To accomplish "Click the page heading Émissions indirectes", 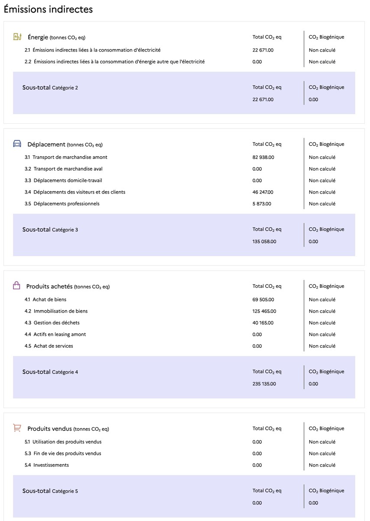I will coord(48,9).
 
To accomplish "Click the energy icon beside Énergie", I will coord(17,37).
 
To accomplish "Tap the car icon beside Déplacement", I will coord(17,144).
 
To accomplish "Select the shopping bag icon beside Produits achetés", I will coord(16,286).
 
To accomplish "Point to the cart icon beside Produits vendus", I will coord(17,428).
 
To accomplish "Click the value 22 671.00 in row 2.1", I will coord(263,50).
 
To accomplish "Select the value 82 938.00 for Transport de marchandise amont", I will coord(263,157).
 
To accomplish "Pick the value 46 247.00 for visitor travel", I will coord(263,192).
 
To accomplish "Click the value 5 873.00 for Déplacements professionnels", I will coord(262,204).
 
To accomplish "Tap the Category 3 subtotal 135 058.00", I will coord(264,241).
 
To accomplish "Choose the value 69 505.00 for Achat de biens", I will coord(263,300).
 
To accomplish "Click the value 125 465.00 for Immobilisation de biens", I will coord(264,311).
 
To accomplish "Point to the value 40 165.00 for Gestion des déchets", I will coord(263,323).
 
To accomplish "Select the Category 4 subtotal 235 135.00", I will coord(264,384).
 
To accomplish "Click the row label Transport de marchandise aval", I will coord(68,169).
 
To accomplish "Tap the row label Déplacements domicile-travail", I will coord(68,180).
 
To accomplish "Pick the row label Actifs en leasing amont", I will coord(60,334).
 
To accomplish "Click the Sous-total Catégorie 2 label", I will coord(50,88).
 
